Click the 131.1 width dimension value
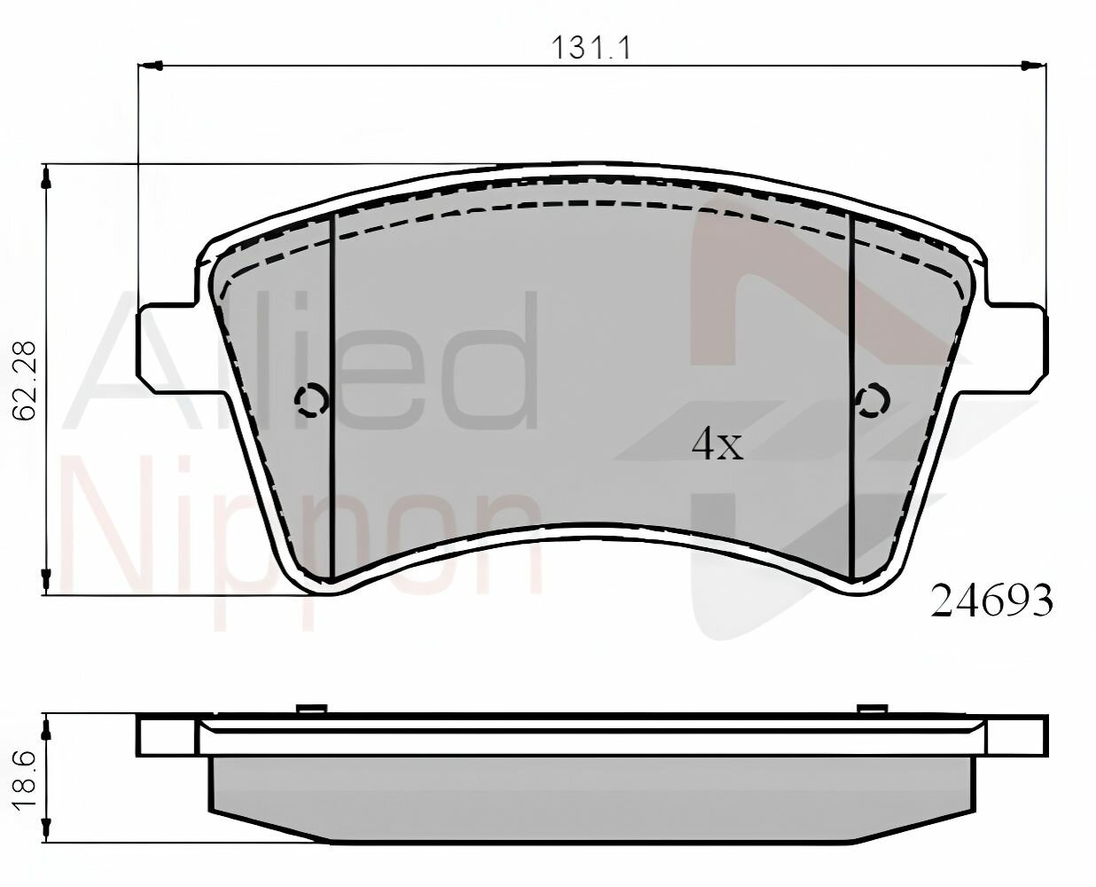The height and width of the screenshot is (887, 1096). [591, 48]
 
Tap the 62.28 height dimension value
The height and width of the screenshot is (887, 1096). [25, 380]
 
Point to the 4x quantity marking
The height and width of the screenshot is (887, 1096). [717, 445]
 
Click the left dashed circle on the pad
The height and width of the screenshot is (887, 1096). [311, 400]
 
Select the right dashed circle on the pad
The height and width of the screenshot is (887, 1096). [873, 400]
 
